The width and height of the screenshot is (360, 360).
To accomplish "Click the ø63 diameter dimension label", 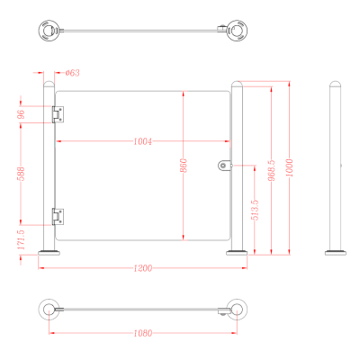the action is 73,73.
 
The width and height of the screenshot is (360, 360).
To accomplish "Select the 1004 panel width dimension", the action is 143,141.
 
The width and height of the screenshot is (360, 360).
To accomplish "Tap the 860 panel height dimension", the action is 184,166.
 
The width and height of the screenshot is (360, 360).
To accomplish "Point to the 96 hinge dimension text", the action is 22,114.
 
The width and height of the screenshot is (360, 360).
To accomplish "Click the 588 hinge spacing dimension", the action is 22,174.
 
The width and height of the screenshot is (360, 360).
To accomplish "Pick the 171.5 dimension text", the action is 21,239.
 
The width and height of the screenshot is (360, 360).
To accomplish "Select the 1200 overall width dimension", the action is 143,267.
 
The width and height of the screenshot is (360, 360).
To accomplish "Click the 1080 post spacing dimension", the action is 143,333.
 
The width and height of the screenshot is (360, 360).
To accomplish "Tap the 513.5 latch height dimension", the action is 255,210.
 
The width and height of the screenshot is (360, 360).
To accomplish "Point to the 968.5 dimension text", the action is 271,170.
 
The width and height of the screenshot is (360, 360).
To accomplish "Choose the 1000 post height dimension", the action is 289,167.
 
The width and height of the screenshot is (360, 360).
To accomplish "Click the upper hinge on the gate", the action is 58,114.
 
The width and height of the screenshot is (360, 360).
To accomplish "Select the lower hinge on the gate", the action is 58,217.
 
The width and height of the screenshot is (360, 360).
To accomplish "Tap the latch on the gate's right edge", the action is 225,166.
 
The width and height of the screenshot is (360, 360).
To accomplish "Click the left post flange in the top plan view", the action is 49,31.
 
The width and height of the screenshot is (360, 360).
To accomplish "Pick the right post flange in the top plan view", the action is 237,31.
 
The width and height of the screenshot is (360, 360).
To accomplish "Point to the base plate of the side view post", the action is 336,253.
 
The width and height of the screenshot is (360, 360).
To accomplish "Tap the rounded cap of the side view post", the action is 335,84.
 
